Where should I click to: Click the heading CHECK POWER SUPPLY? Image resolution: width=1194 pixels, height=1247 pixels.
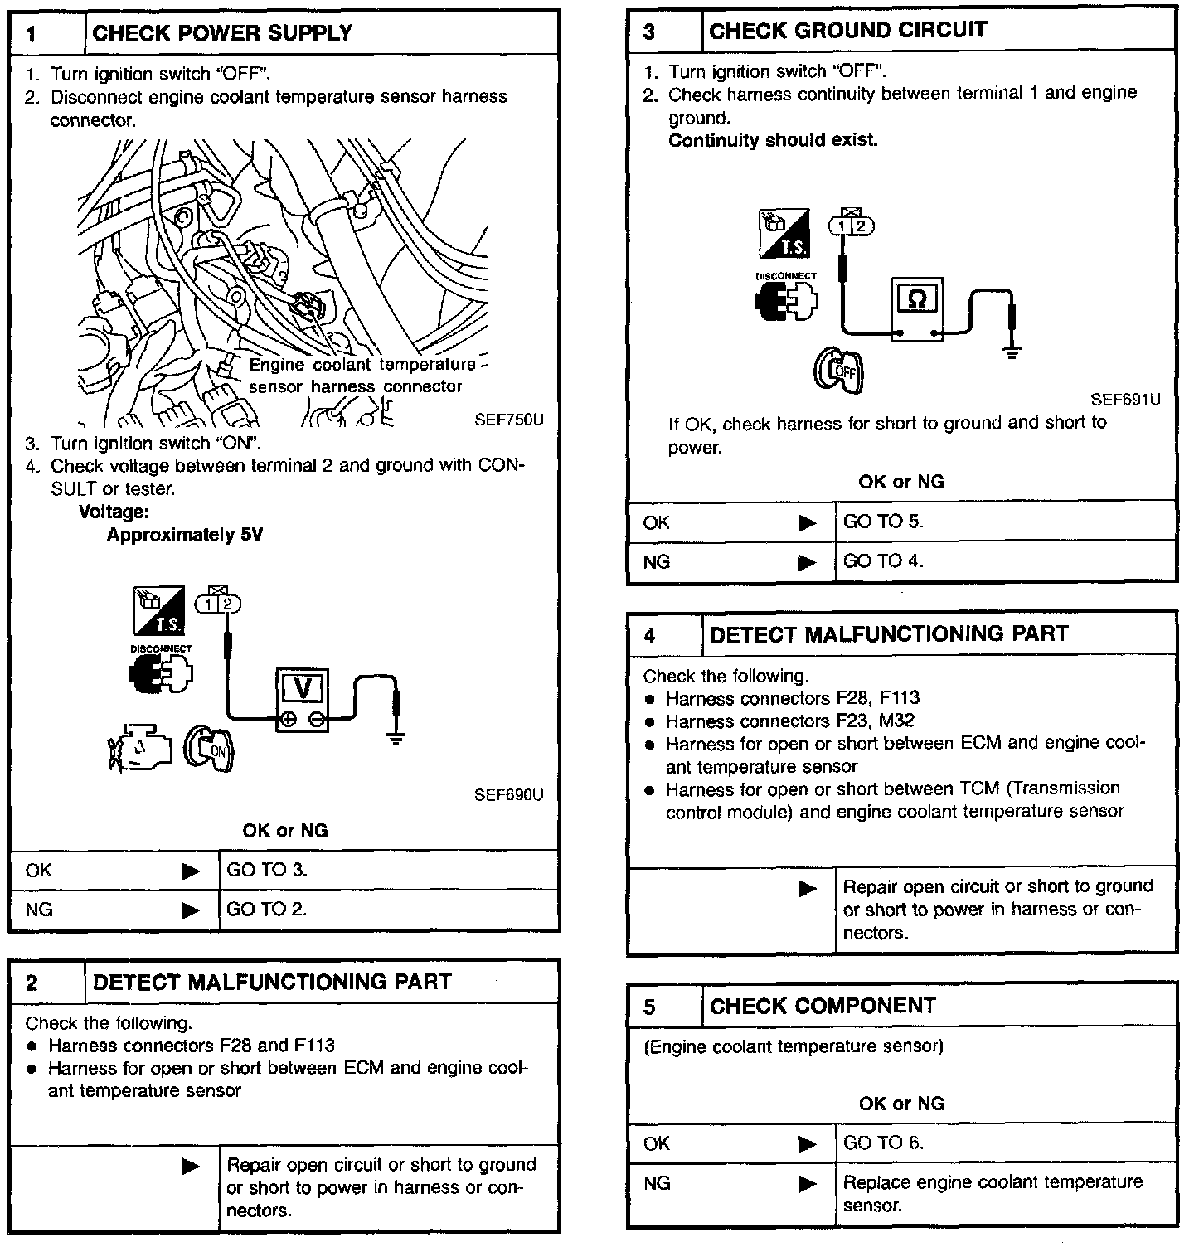222,33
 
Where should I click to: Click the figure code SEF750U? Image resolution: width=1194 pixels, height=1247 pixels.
508,420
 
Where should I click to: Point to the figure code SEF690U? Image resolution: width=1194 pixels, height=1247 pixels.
508,795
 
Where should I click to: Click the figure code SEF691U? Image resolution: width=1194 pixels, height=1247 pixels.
1125,400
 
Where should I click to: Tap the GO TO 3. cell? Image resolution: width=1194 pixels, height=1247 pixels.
267,870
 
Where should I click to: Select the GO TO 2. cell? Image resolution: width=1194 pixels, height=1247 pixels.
267,910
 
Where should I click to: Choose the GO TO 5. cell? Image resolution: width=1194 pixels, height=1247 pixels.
883,522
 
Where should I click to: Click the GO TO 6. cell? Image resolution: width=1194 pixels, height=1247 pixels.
883,1143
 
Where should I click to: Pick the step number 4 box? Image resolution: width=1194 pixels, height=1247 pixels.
650,635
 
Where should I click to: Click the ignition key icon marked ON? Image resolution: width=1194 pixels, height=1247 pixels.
209,749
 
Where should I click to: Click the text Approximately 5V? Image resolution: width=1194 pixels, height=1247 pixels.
184,535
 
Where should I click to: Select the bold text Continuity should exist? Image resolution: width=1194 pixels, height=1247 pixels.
773,140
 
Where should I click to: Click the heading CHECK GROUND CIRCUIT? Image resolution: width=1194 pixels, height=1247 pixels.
847,31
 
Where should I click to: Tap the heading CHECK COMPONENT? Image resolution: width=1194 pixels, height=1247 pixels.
823,1006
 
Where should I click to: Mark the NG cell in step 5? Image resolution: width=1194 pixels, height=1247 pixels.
657,1183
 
